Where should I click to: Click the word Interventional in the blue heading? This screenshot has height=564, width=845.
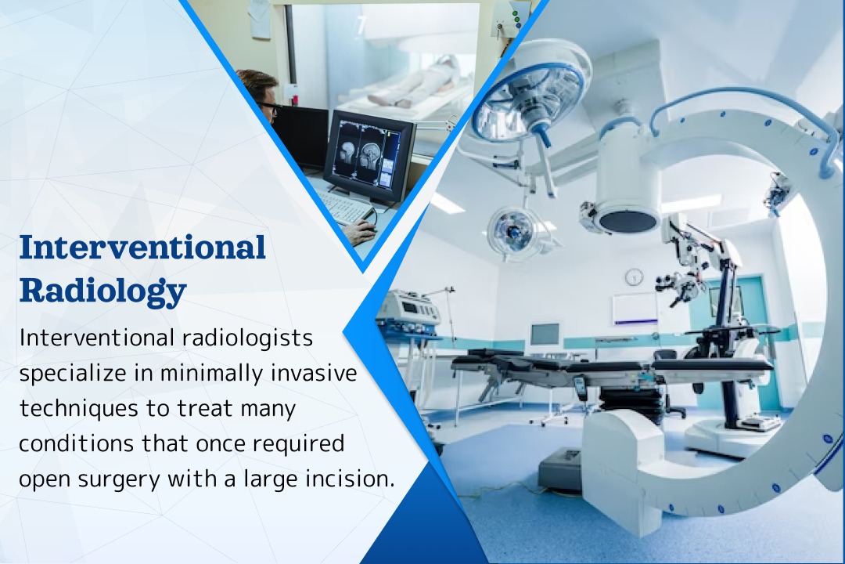[x=142, y=248]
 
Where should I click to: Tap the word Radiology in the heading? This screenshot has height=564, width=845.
[x=102, y=291]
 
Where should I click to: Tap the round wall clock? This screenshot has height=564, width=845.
[x=634, y=277]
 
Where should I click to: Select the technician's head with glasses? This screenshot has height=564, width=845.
[x=259, y=92]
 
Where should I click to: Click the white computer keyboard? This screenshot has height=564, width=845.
[x=344, y=208]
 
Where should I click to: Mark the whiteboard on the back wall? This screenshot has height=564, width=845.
[x=635, y=309]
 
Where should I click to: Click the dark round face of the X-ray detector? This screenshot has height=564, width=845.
[x=627, y=219]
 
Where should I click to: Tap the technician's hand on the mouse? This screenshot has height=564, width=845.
[x=363, y=233]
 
